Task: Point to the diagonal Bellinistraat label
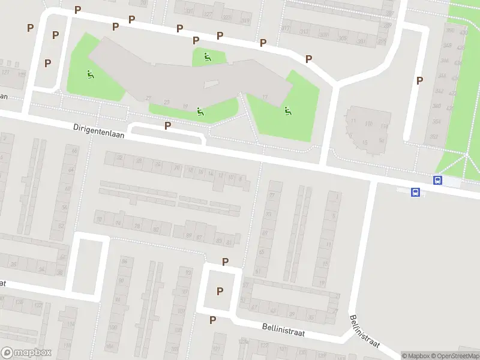(x=364, y=330)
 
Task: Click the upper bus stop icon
(x=438, y=180)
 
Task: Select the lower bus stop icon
(x=415, y=192)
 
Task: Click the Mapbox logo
(x=26, y=353)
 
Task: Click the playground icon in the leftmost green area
(x=90, y=75)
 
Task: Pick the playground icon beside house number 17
(x=287, y=110)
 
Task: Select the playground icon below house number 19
(x=200, y=111)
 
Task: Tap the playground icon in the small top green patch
(x=207, y=57)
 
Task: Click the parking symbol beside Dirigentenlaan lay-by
(x=167, y=125)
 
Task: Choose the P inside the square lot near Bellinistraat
(x=220, y=291)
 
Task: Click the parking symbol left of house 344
(x=419, y=80)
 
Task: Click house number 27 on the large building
(x=148, y=98)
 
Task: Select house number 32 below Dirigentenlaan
(x=119, y=158)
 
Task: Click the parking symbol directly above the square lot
(x=225, y=262)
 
